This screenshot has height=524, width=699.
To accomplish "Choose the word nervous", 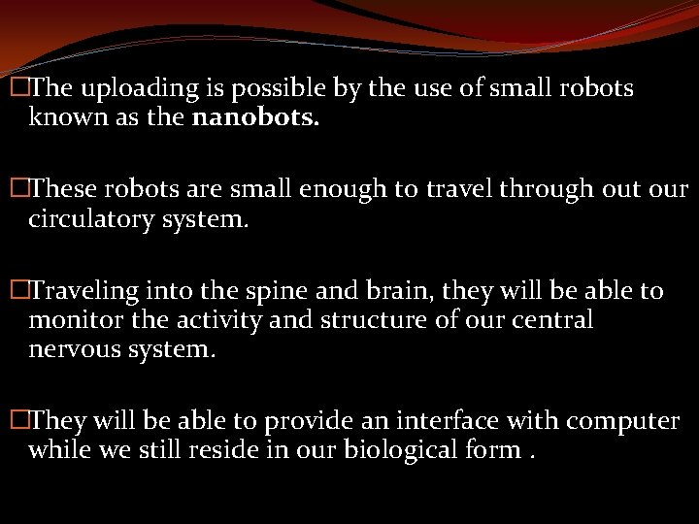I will pos(71,349).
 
